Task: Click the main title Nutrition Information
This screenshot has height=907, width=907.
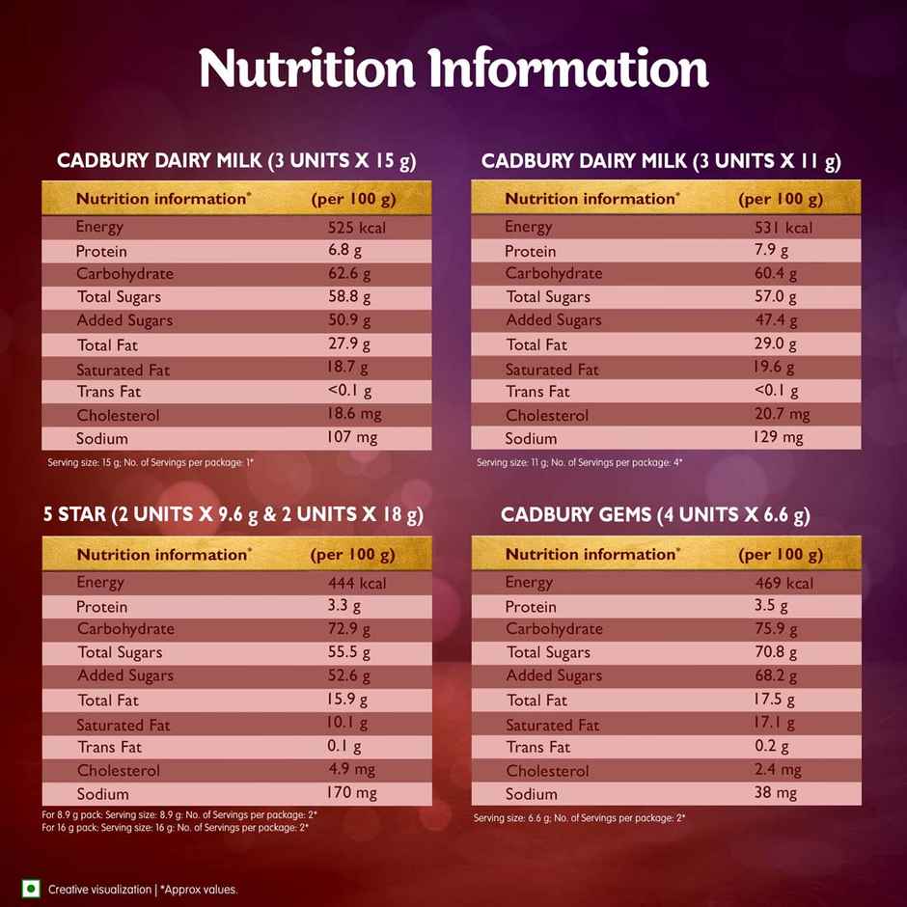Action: tap(453, 68)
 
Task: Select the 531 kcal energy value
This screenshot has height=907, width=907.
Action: tap(783, 228)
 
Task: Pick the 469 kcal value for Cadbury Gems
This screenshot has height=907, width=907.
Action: tap(783, 583)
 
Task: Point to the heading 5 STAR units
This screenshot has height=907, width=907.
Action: tap(233, 514)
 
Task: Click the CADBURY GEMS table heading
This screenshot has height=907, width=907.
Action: tap(655, 514)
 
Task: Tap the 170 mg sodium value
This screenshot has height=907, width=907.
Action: tap(352, 793)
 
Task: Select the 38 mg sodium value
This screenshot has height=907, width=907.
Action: tap(776, 793)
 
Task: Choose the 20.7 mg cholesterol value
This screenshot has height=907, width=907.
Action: tap(782, 415)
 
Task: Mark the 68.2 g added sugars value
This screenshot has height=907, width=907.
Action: tap(776, 675)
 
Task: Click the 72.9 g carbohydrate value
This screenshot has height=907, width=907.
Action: tap(348, 629)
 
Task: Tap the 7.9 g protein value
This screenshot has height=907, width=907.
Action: tap(771, 251)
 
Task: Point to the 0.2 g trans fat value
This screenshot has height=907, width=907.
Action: tap(771, 747)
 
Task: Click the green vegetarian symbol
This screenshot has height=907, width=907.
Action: tap(31, 889)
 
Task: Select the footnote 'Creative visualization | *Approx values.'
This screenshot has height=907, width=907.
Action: tap(143, 890)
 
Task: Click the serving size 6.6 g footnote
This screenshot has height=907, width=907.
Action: tap(579, 818)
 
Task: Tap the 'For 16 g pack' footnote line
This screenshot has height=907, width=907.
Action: tap(175, 827)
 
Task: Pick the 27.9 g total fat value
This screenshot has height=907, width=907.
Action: tap(348, 344)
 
